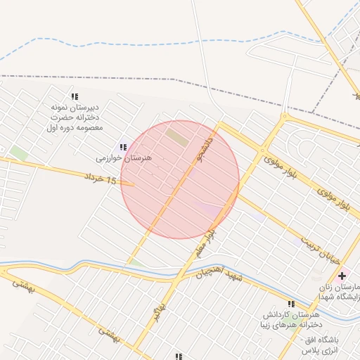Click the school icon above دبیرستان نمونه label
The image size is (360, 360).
point(74,96)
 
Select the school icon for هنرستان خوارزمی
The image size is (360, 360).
point(123,147)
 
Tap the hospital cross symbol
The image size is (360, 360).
point(342,275)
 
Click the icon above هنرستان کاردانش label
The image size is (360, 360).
point(291,304)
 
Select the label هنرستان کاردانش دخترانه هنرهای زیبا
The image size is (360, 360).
point(290,319)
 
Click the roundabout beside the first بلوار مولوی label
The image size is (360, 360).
point(262,150)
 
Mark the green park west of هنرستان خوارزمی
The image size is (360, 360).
point(19,153)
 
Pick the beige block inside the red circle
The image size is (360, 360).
point(177,136)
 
